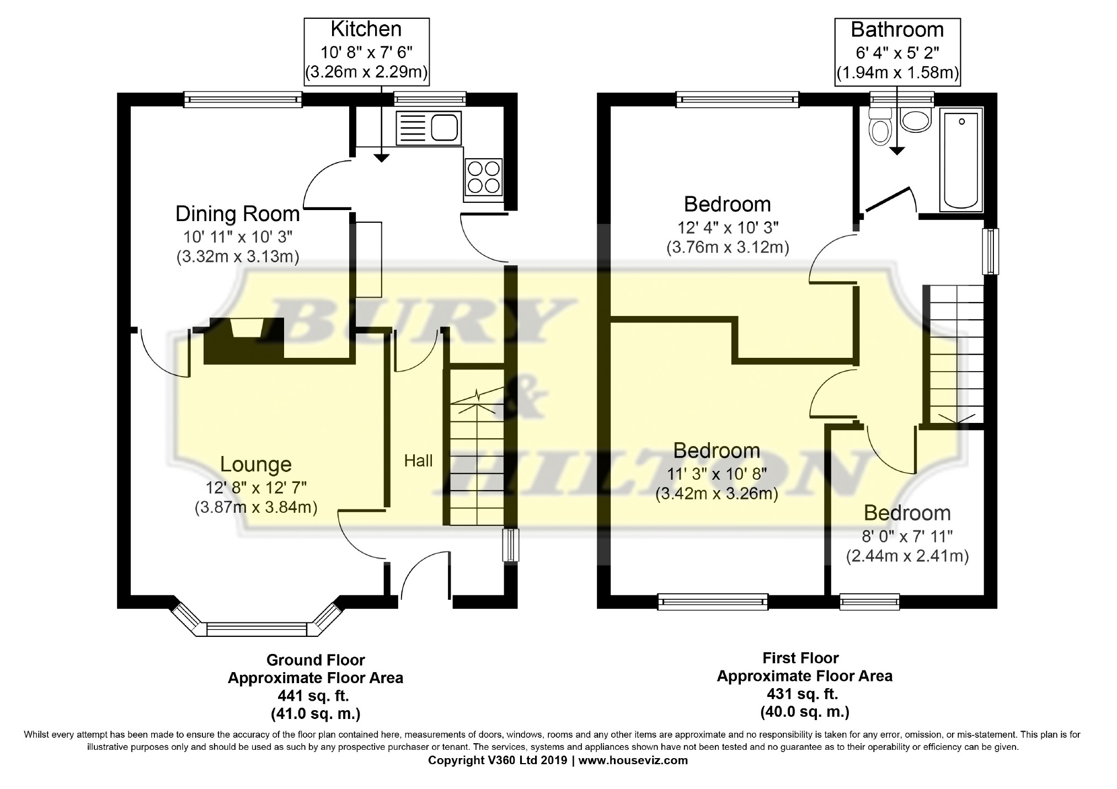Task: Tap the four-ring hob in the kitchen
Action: click(x=484, y=177)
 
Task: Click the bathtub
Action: click(x=961, y=160)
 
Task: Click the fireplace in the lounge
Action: click(x=244, y=341)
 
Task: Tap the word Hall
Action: click(x=418, y=460)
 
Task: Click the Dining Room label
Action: click(x=238, y=213)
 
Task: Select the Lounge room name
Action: click(x=255, y=464)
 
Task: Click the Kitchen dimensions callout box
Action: click(x=366, y=51)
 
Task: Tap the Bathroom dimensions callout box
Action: click(x=897, y=52)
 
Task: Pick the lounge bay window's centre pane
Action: click(x=256, y=629)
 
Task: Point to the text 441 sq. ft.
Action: click(x=316, y=696)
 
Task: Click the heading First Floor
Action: click(x=800, y=658)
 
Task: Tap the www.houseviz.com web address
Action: click(x=633, y=760)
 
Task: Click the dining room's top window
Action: click(x=243, y=99)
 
